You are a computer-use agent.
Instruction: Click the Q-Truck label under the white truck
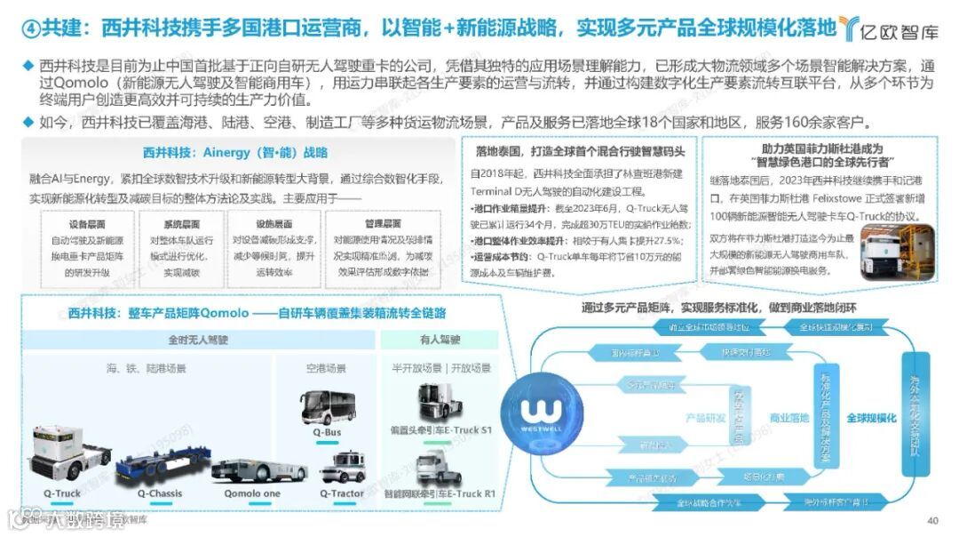coord(61,493)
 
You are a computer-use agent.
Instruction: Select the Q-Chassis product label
coord(160,493)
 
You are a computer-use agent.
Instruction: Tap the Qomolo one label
coord(252,493)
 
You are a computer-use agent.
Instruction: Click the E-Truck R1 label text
coord(454,493)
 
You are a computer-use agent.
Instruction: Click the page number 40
coord(932,521)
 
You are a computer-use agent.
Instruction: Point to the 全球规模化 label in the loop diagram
coord(871,418)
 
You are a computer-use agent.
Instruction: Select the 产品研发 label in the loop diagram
coord(706,418)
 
